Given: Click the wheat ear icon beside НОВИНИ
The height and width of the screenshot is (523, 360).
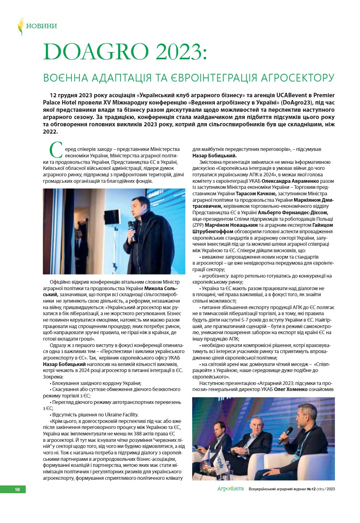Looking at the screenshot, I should click(x=21, y=26).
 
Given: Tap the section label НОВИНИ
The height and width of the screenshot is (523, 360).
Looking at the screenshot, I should click(x=42, y=26).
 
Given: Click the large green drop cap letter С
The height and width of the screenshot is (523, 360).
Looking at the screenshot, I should click(x=55, y=150).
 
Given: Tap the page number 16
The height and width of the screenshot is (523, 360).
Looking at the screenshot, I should click(x=18, y=490).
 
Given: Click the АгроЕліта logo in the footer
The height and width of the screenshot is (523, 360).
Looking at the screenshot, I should click(x=230, y=489).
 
